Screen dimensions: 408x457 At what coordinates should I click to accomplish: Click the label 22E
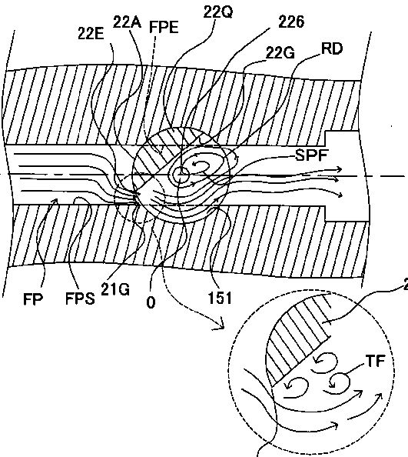(x=91, y=34)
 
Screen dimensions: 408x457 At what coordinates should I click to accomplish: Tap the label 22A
(x=127, y=22)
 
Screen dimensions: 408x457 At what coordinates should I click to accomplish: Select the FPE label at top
(x=164, y=28)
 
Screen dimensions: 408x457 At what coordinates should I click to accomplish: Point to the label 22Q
(x=217, y=12)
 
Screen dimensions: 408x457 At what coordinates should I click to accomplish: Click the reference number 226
(x=291, y=22)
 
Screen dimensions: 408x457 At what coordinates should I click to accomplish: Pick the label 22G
(x=280, y=53)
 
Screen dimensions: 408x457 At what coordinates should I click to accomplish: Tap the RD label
(x=332, y=49)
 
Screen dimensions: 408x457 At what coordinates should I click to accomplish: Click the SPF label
(x=311, y=155)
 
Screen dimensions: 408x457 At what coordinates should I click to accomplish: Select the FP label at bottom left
(x=33, y=299)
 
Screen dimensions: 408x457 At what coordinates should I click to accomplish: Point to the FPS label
(x=80, y=299)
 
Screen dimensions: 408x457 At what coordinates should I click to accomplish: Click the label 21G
(x=115, y=290)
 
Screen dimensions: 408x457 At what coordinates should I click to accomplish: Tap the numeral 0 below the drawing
(x=151, y=302)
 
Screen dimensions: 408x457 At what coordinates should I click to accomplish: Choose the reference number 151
(x=220, y=299)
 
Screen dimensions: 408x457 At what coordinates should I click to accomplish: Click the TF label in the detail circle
(x=376, y=361)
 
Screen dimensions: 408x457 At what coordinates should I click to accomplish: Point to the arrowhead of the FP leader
(x=55, y=200)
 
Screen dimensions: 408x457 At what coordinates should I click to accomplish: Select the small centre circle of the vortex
(x=181, y=175)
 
